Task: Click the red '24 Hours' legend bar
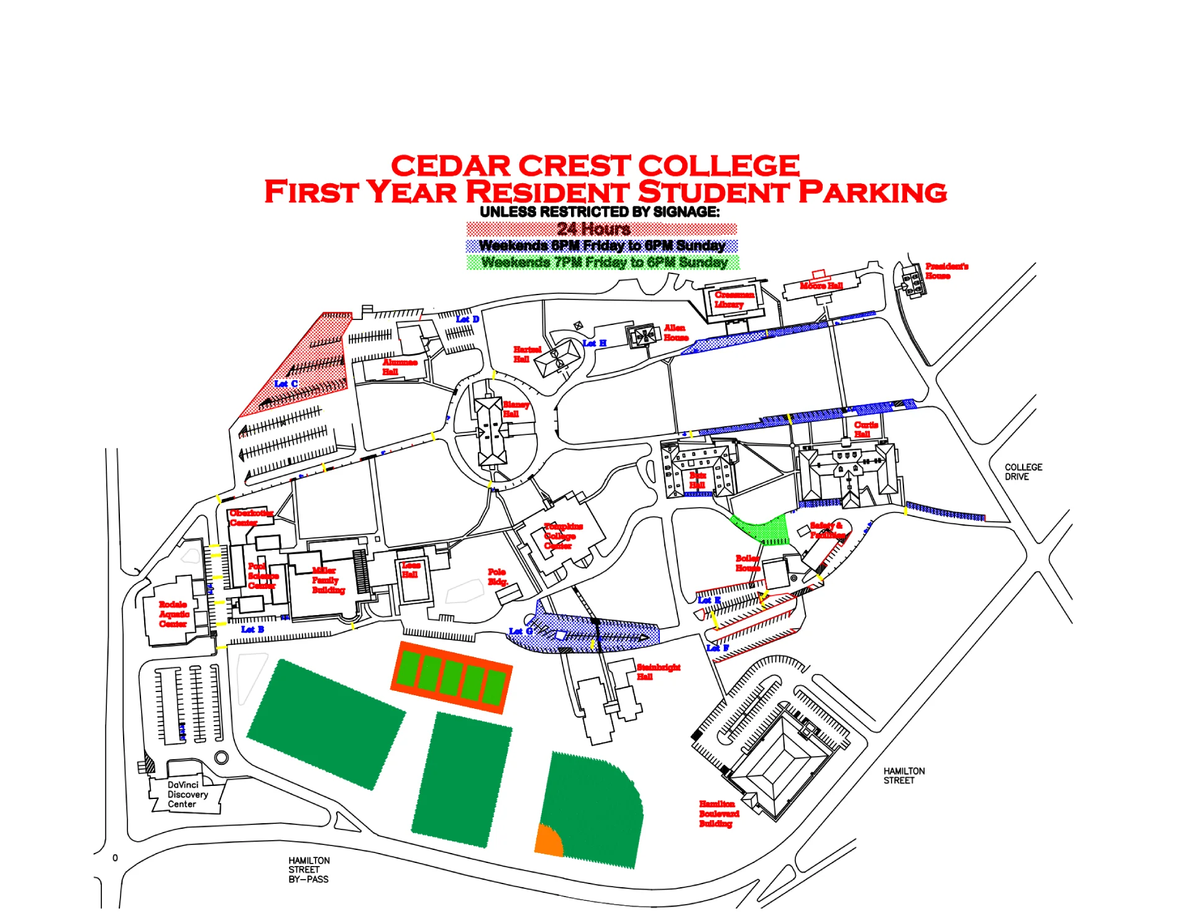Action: coord(601,229)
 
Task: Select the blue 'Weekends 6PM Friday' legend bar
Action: coord(601,246)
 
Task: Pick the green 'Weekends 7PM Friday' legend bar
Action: coord(603,263)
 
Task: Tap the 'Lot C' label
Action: coord(286,384)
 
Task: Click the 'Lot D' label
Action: coord(467,319)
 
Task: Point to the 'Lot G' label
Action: coord(519,631)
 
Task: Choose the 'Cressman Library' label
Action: coord(733,299)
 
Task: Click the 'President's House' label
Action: coord(946,271)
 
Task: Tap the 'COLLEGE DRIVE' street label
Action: coord(1023,472)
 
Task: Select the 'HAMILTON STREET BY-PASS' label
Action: coord(309,870)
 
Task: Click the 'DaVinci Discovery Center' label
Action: coord(187,795)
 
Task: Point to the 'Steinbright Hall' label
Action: coord(657,672)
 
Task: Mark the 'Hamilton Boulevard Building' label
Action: coord(718,814)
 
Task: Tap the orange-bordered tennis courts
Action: coord(451,677)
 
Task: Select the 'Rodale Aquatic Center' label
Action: coord(173,614)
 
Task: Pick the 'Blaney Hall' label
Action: coord(515,409)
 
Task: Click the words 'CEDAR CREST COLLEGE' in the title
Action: coord(595,166)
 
